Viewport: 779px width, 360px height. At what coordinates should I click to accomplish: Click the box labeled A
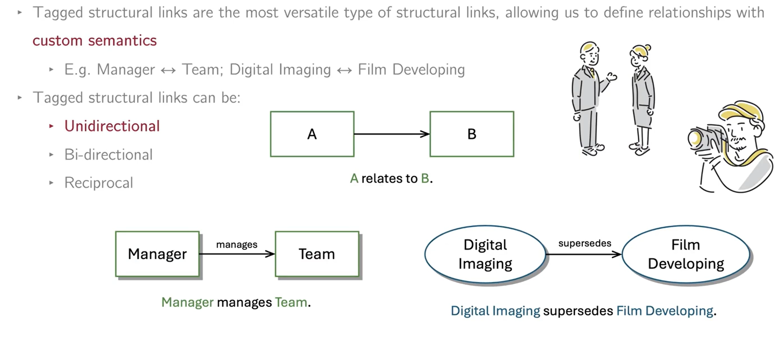312,134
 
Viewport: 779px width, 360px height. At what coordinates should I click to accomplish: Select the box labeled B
472,134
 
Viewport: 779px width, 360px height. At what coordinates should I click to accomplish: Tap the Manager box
157,254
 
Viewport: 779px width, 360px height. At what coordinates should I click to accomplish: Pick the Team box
317,254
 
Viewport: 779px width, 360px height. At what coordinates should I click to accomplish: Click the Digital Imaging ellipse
485,254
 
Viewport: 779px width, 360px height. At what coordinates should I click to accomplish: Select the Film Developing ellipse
686,254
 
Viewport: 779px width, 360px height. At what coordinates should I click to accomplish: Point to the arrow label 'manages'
237,244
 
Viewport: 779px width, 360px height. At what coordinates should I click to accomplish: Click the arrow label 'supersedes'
585,243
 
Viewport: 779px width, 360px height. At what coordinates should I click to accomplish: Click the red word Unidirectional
112,126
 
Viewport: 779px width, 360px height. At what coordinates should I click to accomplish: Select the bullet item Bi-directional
108,155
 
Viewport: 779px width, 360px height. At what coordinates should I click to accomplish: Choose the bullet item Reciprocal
98,183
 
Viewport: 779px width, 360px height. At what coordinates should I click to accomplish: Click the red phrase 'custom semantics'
95,40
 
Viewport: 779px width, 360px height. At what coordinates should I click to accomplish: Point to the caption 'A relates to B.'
391,179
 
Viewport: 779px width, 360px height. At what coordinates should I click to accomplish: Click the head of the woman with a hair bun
640,56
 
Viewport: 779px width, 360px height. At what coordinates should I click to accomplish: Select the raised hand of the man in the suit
611,77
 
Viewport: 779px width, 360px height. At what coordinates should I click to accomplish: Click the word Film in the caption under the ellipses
629,311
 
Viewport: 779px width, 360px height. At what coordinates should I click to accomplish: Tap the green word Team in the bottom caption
291,303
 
